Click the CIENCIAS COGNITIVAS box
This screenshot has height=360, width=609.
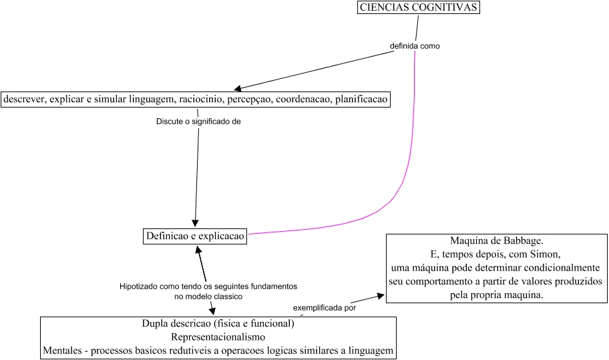click(x=419, y=8)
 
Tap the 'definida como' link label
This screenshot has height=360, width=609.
click(x=415, y=46)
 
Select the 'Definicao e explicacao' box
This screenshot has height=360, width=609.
click(x=195, y=236)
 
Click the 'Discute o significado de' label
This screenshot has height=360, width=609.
click(x=198, y=122)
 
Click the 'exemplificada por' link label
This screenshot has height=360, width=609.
click(x=325, y=308)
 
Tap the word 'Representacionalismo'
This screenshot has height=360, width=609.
click(x=218, y=337)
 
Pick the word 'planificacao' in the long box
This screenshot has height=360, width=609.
click(x=361, y=99)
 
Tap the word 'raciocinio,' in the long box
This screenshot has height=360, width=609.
click(x=202, y=99)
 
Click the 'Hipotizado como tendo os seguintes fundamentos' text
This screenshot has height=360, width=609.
click(x=208, y=286)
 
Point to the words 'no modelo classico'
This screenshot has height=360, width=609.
click(x=208, y=295)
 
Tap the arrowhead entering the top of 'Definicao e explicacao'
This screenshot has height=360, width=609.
click(x=195, y=224)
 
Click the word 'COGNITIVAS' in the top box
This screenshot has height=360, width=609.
click(x=447, y=8)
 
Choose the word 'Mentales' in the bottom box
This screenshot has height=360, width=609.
click(x=64, y=350)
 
